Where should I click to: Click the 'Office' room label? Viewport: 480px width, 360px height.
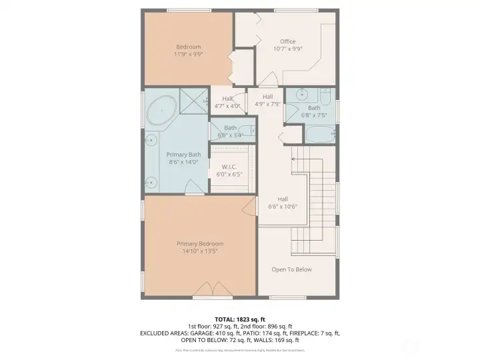[x=287, y=41]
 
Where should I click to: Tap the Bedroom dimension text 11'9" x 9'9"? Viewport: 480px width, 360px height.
[x=189, y=54]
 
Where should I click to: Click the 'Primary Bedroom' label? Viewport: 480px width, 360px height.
[x=200, y=243]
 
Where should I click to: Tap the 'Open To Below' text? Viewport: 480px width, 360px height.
[x=291, y=269]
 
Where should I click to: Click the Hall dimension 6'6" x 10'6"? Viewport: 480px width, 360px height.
[x=283, y=207]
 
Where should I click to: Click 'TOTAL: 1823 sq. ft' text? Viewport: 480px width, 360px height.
[x=239, y=319]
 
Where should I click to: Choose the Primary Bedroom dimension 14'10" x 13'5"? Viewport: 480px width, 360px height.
[x=200, y=251]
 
